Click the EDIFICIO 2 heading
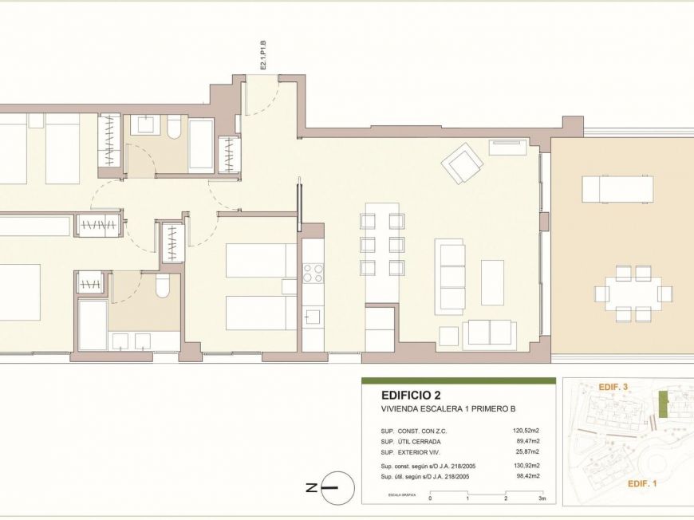point(412,395)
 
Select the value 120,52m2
point(526,431)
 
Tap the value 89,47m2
point(527,441)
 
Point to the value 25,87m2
point(527,451)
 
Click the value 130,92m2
point(526,466)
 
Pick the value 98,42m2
point(527,476)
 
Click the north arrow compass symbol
point(337,487)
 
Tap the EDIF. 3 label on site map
point(613,387)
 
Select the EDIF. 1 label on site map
point(642,484)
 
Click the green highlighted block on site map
point(661,404)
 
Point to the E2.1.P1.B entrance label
point(262,59)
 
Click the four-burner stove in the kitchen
point(313,273)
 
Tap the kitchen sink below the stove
point(313,317)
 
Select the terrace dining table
point(634,293)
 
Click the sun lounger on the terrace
point(617,189)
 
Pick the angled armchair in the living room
point(462,163)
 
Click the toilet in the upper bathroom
point(174,128)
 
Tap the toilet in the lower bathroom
point(163,287)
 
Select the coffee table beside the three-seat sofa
point(492,282)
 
